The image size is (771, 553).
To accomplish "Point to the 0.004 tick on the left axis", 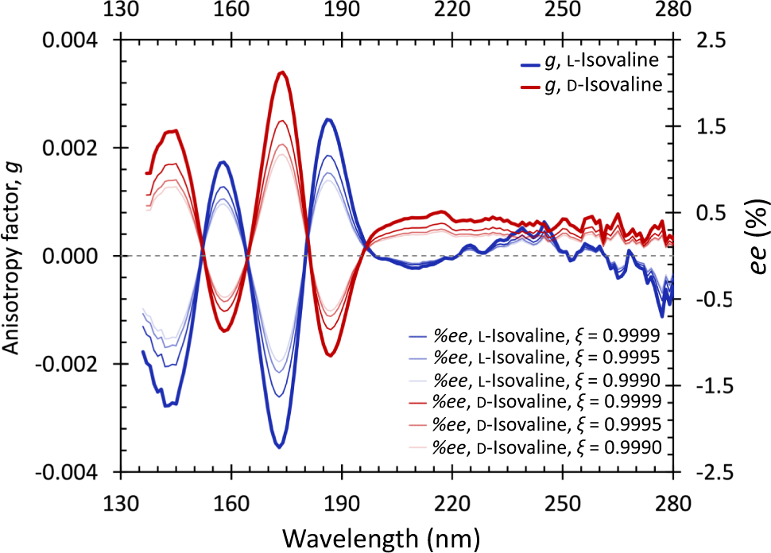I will tap(76, 40).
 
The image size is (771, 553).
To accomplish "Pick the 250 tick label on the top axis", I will tap(563, 14).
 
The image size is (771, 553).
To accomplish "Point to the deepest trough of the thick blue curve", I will tap(279, 447).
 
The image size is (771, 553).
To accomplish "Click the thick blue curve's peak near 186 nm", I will tap(327, 119).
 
